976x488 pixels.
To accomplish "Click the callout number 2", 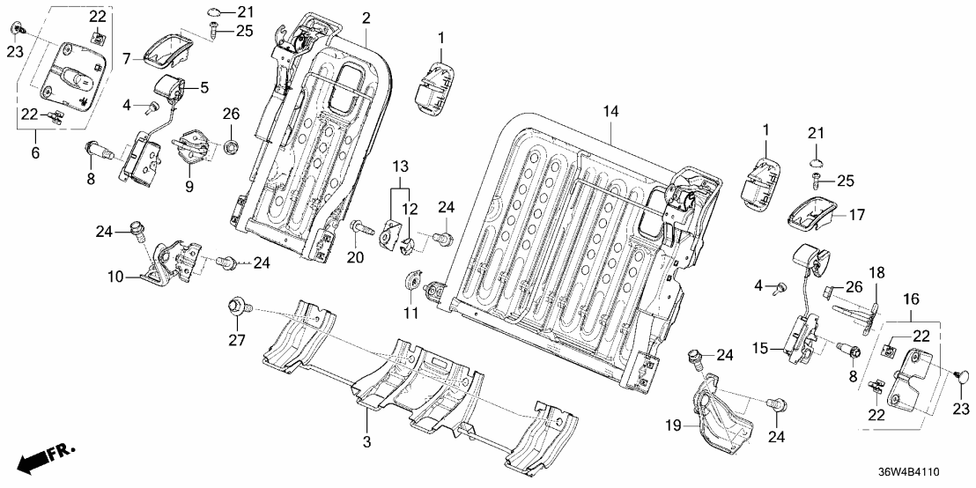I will pyautogui.click(x=366, y=18).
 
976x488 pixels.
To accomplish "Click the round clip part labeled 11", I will pyautogui.click(x=412, y=282).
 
